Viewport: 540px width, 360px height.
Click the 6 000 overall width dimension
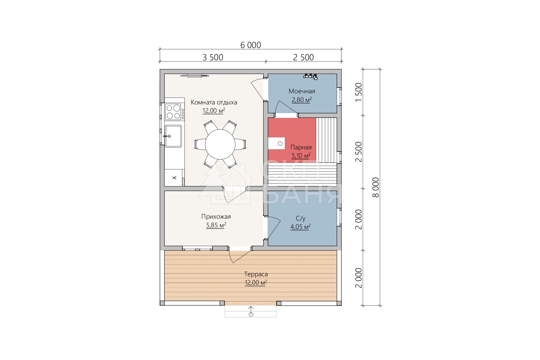(x=250, y=45)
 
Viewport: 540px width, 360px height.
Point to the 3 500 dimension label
(x=213, y=57)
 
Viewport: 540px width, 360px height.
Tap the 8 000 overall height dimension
(x=376, y=187)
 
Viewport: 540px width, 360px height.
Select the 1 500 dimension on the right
(x=359, y=92)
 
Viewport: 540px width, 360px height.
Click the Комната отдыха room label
(x=214, y=102)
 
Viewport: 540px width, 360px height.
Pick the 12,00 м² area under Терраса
(x=256, y=283)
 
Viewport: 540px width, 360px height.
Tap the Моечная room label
(x=302, y=91)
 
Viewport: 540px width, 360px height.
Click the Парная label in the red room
(x=301, y=147)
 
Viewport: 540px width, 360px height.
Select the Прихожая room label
(x=216, y=217)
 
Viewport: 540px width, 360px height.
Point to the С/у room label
(x=300, y=218)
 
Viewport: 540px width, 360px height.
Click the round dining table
(x=220, y=144)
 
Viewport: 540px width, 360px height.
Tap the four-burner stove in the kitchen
(x=173, y=112)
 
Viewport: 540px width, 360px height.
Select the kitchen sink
(x=173, y=136)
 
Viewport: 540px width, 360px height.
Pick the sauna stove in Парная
(x=276, y=143)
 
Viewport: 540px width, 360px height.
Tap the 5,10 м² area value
(x=301, y=156)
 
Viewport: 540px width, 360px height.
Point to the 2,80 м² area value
(x=302, y=100)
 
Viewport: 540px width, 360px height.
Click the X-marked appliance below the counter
(x=174, y=178)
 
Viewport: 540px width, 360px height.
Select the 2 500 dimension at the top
(x=303, y=57)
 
